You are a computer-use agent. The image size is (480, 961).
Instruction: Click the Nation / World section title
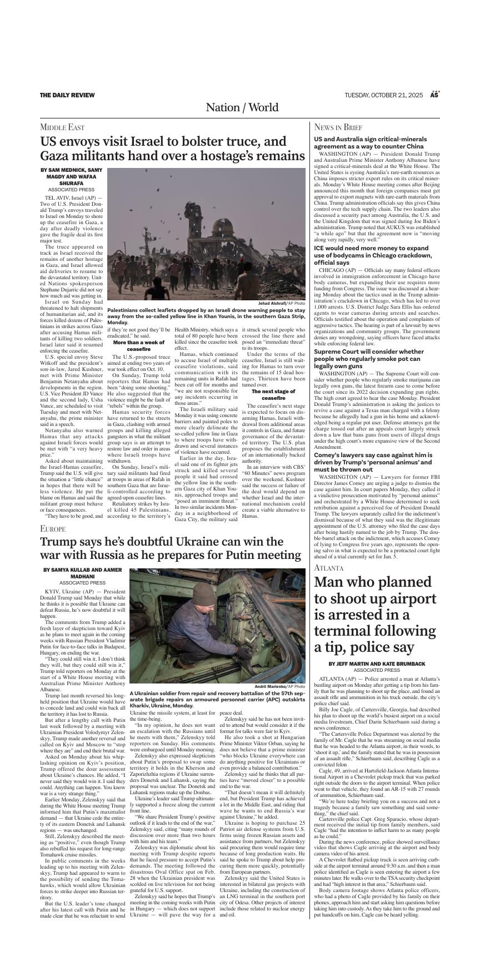pyautogui.click(x=242, y=107)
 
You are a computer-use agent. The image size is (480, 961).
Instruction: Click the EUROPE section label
pyautogui.click(x=53, y=528)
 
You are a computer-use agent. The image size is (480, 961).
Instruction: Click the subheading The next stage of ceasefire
pyautogui.click(x=273, y=394)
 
